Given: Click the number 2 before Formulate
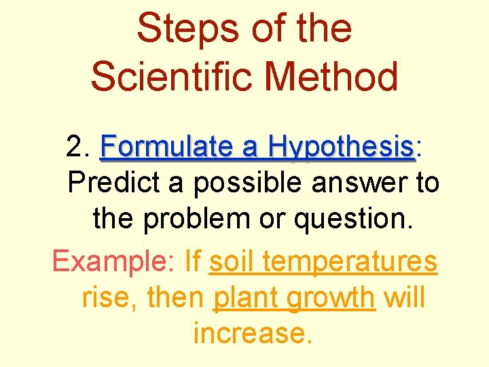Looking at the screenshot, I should tap(75, 146).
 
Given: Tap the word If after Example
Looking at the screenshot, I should tap(193, 260).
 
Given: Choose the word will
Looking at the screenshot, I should tap(404, 297).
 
